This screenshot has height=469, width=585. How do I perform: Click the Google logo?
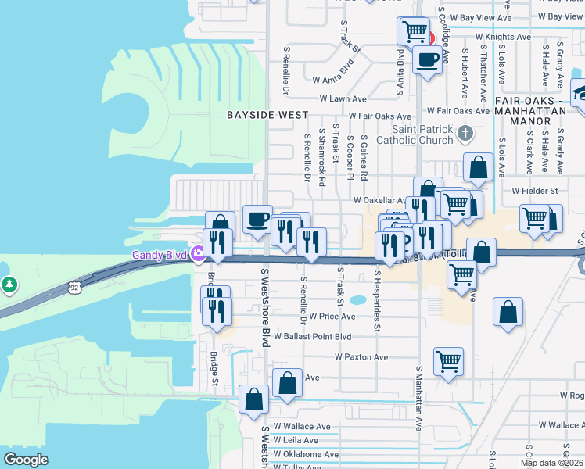point(26,460)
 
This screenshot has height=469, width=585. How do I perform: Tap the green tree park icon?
point(9,285)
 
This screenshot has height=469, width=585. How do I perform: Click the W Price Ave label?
point(332,317)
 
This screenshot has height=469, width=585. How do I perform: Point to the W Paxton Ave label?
point(361,357)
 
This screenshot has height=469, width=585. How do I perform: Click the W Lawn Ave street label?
point(342,99)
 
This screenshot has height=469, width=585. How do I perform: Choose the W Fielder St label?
point(534,190)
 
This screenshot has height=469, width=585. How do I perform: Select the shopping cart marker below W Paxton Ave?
point(449,361)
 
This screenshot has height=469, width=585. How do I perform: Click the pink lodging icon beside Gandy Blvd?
point(199,253)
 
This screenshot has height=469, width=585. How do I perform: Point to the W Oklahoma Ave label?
point(310,454)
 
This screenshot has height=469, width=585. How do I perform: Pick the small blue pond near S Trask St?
point(359,299)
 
